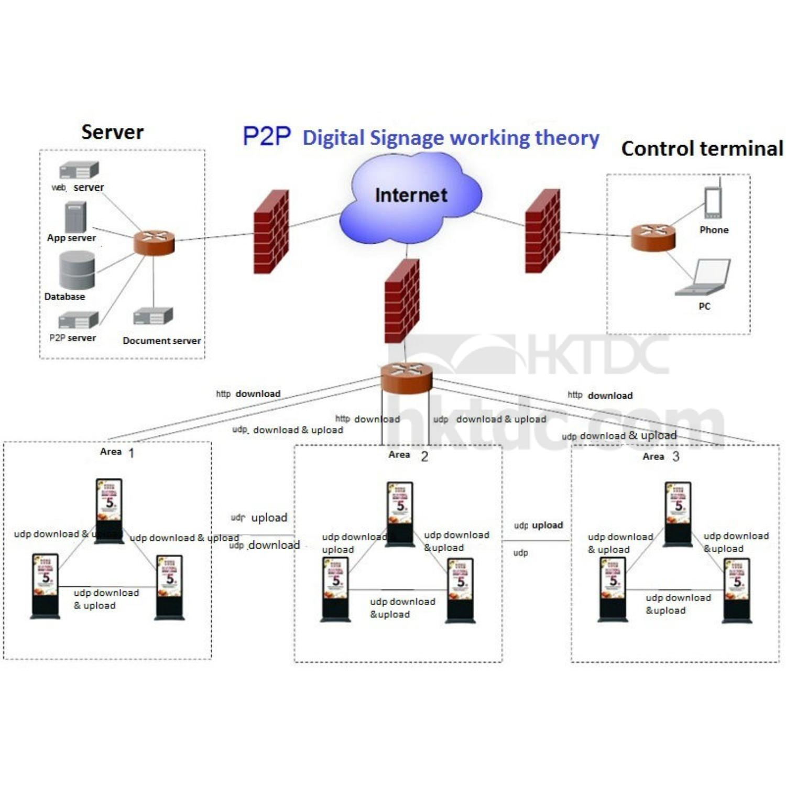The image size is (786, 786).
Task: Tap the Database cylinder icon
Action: (77, 270)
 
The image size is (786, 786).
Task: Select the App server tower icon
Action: (75, 217)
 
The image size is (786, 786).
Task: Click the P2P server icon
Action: (78, 320)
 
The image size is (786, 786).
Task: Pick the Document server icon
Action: (153, 316)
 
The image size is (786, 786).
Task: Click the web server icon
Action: (79, 170)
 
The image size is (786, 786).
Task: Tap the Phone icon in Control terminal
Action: (713, 202)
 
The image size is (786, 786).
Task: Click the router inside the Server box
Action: (154, 243)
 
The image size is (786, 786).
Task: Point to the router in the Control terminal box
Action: (652, 237)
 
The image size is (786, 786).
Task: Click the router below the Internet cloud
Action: (407, 377)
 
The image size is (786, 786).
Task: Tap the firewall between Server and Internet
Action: (271, 232)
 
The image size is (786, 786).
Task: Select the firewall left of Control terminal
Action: (542, 231)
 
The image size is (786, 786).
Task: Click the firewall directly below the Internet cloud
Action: (402, 301)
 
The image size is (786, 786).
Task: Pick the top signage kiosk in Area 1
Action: (109, 511)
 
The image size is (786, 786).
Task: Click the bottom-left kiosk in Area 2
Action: (335, 589)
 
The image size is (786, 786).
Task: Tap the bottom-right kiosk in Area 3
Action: (737, 590)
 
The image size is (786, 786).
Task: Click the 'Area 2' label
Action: (408, 455)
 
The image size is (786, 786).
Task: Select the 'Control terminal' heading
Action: (702, 149)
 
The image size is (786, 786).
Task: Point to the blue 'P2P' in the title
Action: (266, 136)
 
